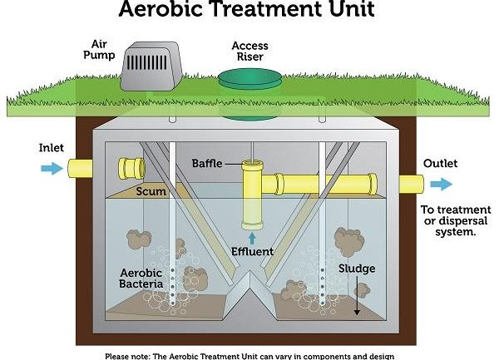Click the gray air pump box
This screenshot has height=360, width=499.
click(151, 67)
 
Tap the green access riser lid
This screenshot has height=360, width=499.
click(250, 78)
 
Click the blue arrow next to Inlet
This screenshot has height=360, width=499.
click(52, 168)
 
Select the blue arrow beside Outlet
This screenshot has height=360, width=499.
click(442, 184)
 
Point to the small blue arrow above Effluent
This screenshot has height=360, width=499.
click(252, 239)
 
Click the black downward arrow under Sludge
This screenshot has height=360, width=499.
click(357, 295)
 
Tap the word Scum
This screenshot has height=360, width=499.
click(151, 191)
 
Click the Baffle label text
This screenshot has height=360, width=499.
click(207, 164)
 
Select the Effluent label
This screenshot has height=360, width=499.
click(252, 252)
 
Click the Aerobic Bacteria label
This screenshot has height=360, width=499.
click(141, 279)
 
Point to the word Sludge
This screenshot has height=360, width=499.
click(357, 269)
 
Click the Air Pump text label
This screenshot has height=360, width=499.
click(99, 50)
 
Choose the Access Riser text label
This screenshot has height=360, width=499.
click(249, 52)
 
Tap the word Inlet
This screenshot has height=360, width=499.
click(52, 148)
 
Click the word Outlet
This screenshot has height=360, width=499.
click(440, 164)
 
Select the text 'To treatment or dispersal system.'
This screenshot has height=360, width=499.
click(456, 220)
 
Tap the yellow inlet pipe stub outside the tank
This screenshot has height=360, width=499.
click(80, 168)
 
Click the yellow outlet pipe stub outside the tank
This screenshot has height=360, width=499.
click(412, 184)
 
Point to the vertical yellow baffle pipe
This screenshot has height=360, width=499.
click(252, 195)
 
